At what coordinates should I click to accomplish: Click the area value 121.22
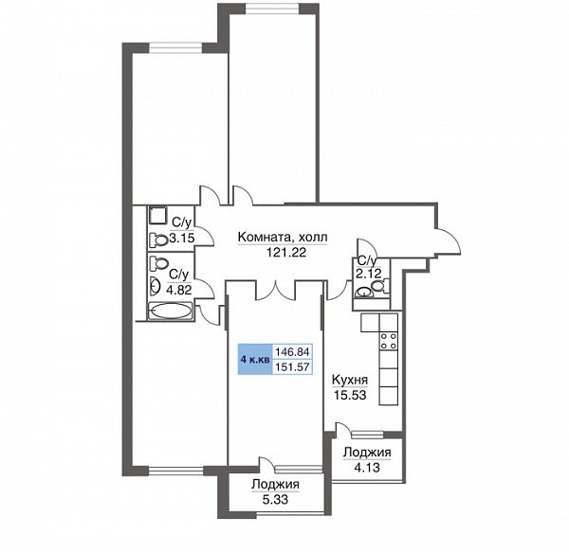click(286, 252)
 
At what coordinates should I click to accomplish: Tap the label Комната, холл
click(283, 238)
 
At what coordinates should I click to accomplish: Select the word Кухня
click(350, 380)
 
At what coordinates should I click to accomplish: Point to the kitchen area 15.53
click(350, 395)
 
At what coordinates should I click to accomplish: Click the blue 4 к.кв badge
click(255, 360)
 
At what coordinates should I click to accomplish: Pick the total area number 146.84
click(292, 351)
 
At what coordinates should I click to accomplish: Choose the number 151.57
click(292, 367)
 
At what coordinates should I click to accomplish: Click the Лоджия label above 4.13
click(367, 452)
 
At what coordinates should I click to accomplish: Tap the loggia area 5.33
click(275, 500)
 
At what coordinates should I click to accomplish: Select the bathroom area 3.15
click(182, 239)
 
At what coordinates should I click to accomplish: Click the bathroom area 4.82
click(178, 290)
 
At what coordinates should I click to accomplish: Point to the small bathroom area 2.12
click(368, 274)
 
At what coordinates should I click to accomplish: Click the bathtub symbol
click(170, 312)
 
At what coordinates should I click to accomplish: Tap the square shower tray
click(157, 216)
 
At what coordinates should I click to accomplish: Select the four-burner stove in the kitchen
click(388, 341)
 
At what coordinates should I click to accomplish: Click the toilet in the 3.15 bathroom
click(157, 240)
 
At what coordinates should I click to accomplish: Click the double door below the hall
click(276, 289)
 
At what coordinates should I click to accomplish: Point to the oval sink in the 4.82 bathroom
click(155, 286)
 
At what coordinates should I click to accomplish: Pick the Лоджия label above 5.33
click(275, 484)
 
